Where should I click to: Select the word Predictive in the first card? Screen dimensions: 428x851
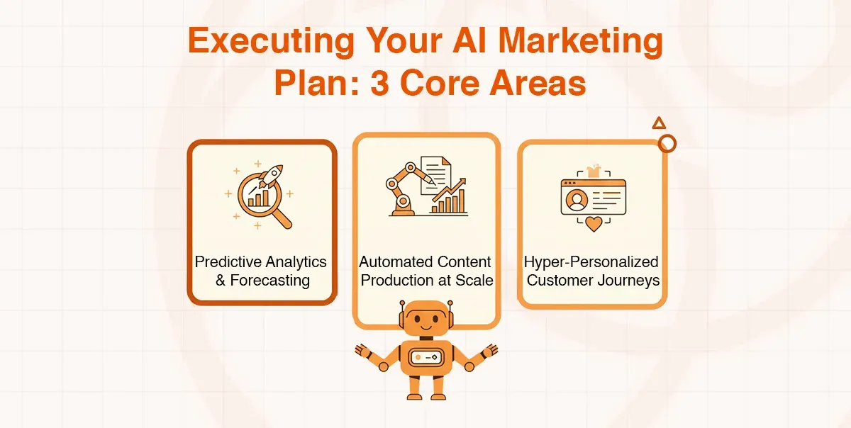226,262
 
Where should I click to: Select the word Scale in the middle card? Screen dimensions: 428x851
474,281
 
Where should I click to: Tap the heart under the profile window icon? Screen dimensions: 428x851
593,225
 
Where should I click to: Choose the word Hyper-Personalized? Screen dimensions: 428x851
591,262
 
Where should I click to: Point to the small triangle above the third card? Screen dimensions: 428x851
659,123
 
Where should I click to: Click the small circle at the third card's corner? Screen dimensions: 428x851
667,144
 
